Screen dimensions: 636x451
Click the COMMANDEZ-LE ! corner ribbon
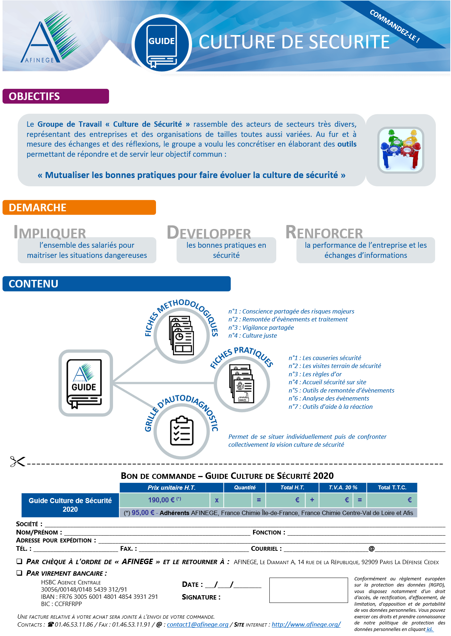coord(394,26)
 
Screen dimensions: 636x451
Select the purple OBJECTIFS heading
coord(56,96)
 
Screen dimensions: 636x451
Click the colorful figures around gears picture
coord(400,150)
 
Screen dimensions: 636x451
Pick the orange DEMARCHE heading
coord(79,208)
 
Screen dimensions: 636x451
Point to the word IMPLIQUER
coord(50,232)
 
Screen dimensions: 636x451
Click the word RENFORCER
coord(324,232)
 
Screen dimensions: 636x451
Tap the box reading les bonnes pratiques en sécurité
coord(226,250)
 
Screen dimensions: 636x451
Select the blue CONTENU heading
coord(116,284)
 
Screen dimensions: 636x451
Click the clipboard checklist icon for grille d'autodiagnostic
coord(182,431)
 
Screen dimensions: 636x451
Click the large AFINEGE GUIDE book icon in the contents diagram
coord(86,383)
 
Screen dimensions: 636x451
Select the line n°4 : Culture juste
coord(252,336)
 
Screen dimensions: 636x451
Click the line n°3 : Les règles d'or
coord(315,374)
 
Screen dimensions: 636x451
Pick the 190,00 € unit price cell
coord(164,500)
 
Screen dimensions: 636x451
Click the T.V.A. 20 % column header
coord(343,488)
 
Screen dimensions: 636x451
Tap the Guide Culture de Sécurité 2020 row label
coord(70,505)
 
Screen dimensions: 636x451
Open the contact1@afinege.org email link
coord(198,624)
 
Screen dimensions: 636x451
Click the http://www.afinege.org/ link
coord(306,624)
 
